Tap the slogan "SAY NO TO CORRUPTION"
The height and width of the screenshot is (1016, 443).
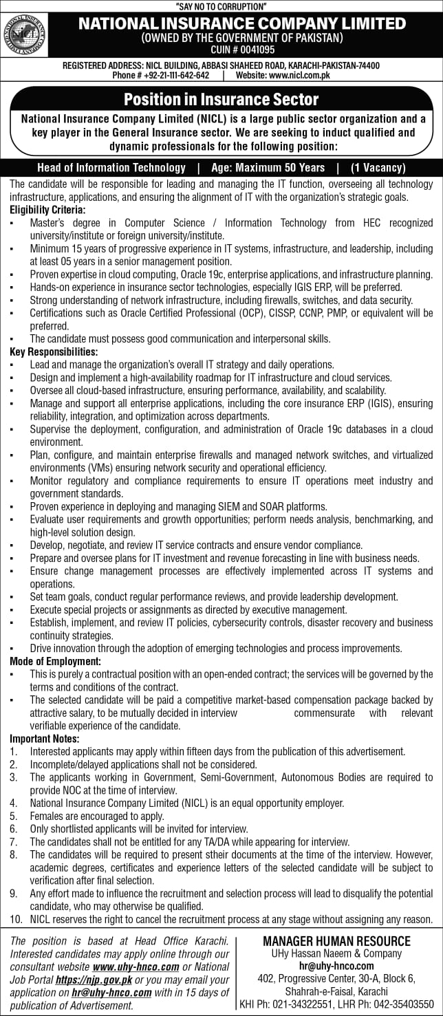click(x=221, y=6)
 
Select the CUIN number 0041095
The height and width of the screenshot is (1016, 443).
click(x=242, y=50)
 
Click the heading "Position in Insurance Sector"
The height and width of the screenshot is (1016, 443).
click(x=221, y=99)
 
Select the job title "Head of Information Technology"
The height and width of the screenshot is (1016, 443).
click(x=111, y=167)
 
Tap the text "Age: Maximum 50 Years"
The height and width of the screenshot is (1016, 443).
click(x=267, y=167)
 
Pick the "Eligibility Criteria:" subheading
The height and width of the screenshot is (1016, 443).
click(x=47, y=209)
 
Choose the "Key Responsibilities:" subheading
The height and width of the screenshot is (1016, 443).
click(x=54, y=352)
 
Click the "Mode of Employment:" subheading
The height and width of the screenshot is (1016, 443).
click(x=55, y=661)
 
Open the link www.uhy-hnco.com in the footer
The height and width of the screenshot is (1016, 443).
click(x=140, y=966)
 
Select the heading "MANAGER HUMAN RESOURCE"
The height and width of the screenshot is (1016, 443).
click(x=336, y=942)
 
